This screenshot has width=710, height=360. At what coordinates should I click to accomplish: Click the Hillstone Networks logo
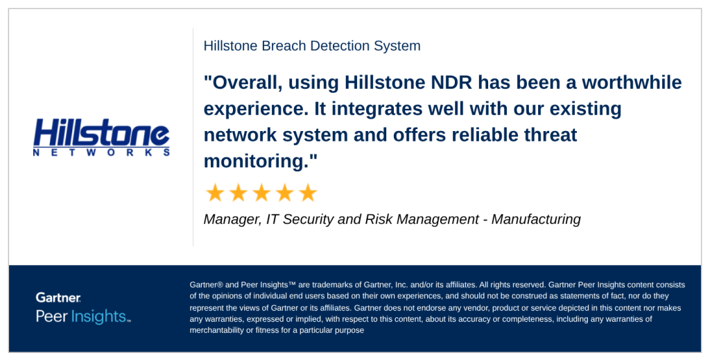point(101,137)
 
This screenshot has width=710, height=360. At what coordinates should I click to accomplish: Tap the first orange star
point(215,193)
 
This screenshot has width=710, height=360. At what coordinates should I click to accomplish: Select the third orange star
point(261,193)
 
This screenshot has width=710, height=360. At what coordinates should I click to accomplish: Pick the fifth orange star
point(308,193)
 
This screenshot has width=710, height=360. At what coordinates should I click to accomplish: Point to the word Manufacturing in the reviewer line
point(536,219)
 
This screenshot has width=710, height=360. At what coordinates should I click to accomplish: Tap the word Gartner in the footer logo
point(58,298)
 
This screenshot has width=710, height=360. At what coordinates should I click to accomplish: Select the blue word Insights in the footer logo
point(100,316)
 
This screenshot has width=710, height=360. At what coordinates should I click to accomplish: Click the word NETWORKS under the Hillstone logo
point(101,153)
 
